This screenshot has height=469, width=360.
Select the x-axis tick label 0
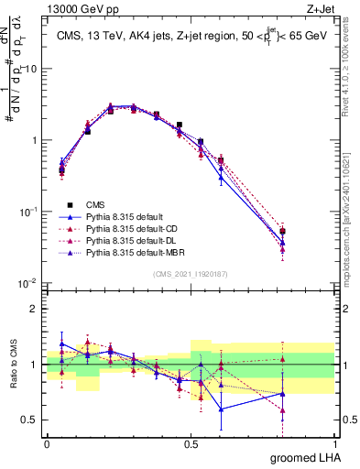coord(47,442)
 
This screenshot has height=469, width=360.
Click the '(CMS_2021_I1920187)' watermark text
coord(191,273)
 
